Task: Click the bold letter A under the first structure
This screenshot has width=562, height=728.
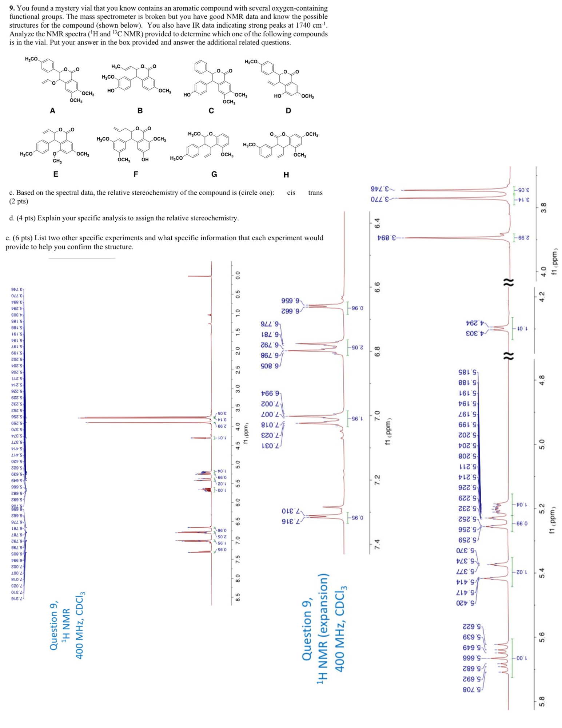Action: click(x=53, y=111)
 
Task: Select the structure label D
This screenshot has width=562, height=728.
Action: click(x=288, y=111)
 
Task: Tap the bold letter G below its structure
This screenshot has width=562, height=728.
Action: click(x=214, y=174)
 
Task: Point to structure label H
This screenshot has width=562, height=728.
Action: click(x=286, y=175)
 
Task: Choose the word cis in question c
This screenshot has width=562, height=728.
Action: click(x=291, y=193)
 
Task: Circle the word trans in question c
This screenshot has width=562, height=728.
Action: click(x=315, y=193)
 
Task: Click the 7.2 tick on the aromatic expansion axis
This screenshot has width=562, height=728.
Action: click(x=377, y=479)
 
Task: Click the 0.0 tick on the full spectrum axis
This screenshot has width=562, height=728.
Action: click(x=238, y=275)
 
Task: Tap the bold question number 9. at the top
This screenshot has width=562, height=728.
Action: click(x=12, y=8)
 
